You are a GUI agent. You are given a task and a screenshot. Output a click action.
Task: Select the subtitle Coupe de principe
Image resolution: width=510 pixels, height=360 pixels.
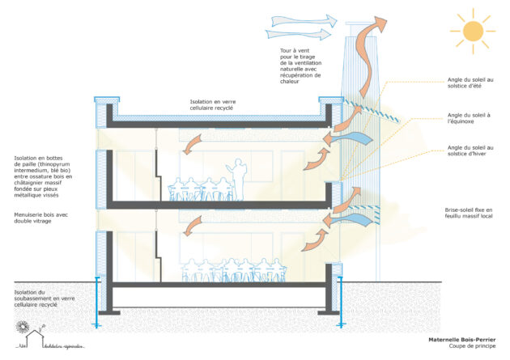click(x=473, y=349)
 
